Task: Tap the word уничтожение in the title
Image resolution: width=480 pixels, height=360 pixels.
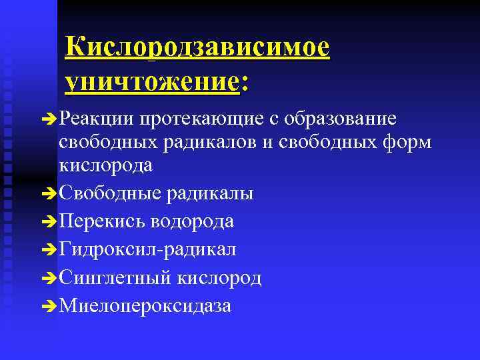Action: coord(151,82)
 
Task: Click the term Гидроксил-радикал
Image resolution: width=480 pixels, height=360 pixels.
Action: coord(147,249)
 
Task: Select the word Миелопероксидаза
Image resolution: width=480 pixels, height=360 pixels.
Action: coord(145,305)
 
